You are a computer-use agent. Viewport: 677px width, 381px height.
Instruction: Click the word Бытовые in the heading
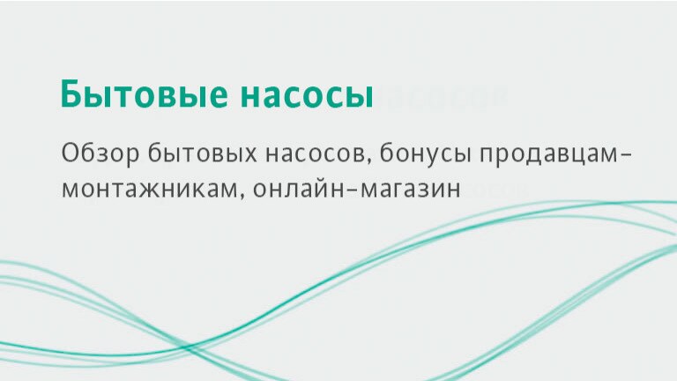pyautogui.click(x=145, y=93)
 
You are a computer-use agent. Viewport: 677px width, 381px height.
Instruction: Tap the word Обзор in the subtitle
pyautogui.click(x=100, y=153)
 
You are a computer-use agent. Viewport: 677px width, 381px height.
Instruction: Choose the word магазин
pyautogui.click(x=410, y=190)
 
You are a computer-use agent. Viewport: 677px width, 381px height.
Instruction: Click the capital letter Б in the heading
pyautogui.click(x=71, y=93)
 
